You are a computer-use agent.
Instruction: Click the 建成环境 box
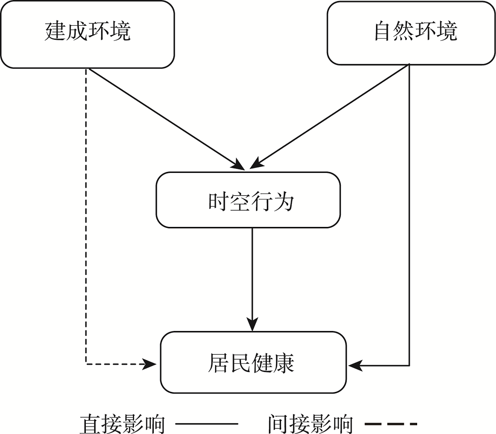pos(88,35)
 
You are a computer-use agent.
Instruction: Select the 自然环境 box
pos(415,33)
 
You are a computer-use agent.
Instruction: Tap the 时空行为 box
pos(248,200)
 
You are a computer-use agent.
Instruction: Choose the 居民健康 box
pos(253,363)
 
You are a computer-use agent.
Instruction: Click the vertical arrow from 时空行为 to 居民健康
pos(252,277)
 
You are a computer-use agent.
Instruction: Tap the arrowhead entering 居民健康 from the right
pos(354,366)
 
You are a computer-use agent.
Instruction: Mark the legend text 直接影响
pos(122,424)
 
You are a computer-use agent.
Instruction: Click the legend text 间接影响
pos(310,424)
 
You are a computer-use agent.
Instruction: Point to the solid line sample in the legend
pos(207,424)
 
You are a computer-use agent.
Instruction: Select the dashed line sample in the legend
pos(391,424)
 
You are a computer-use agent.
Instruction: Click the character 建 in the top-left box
pos(56,31)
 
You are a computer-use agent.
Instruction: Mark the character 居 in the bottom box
pos(219,363)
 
